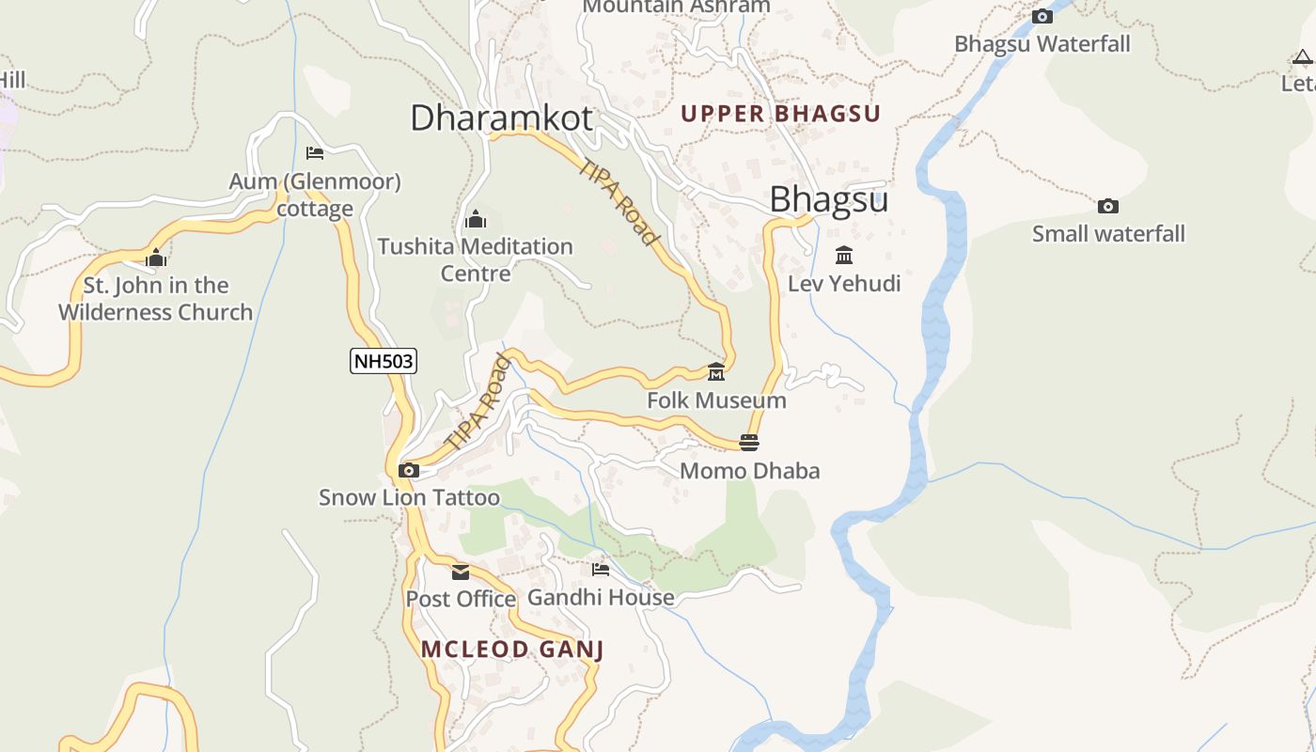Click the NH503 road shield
tap(384, 361)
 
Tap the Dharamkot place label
tap(501, 117)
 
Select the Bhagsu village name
tap(828, 199)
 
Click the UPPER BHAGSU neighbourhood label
tap(780, 114)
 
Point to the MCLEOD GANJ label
tap(511, 650)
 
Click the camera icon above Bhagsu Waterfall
tap(1042, 16)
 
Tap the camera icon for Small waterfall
tap(1108, 206)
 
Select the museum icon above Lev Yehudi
tap(843, 255)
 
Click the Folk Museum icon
tap(716, 372)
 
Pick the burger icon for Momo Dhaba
tap(749, 442)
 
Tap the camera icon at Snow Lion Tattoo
tap(408, 470)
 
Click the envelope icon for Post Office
tap(461, 572)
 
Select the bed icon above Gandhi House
tap(601, 569)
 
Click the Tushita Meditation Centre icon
tap(476, 219)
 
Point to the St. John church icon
tap(156, 258)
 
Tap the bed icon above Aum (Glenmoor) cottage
tap(315, 153)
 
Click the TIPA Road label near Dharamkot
tap(619, 201)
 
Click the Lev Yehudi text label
tap(844, 284)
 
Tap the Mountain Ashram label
tap(676, 7)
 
